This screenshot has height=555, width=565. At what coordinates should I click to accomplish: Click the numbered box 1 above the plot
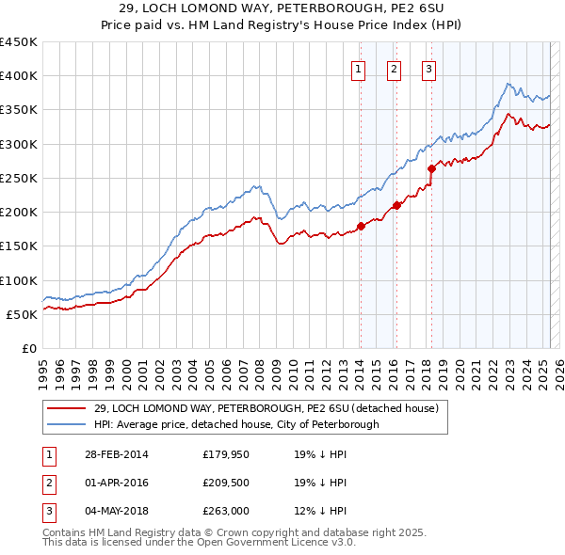pyautogui.click(x=360, y=68)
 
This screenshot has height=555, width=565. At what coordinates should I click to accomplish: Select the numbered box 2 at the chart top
pyautogui.click(x=394, y=68)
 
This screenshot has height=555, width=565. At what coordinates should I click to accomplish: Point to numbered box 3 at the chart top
pyautogui.click(x=428, y=68)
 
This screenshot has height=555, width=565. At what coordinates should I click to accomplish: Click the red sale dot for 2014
pyautogui.click(x=361, y=226)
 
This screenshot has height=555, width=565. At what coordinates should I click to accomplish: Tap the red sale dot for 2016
pyautogui.click(x=396, y=205)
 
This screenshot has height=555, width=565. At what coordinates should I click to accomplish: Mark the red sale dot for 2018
pyautogui.click(x=431, y=169)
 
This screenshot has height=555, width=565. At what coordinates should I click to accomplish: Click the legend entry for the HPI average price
pyautogui.click(x=236, y=424)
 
